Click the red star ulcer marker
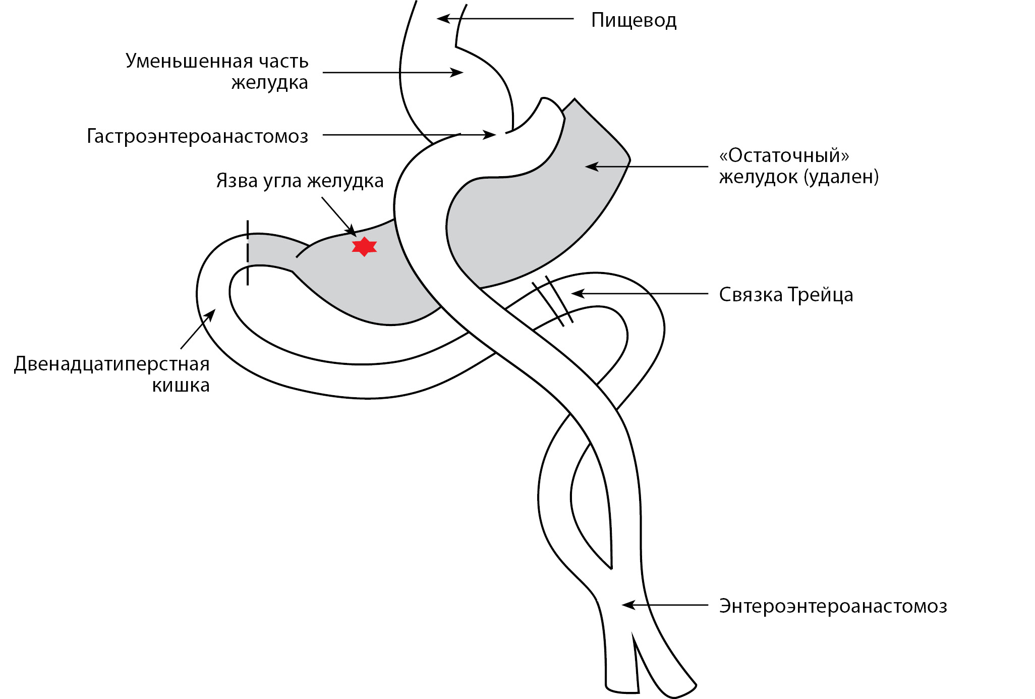click(364, 246)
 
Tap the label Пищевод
click(634, 21)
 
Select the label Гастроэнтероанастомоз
click(197, 136)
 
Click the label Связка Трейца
click(786, 295)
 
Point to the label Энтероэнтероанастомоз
click(833, 606)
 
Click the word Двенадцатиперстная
click(111, 364)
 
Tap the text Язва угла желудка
click(300, 181)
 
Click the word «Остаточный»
click(784, 155)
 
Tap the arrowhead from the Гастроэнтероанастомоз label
click(490, 135)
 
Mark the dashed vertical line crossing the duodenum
click(248, 252)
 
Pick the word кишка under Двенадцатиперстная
click(181, 386)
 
